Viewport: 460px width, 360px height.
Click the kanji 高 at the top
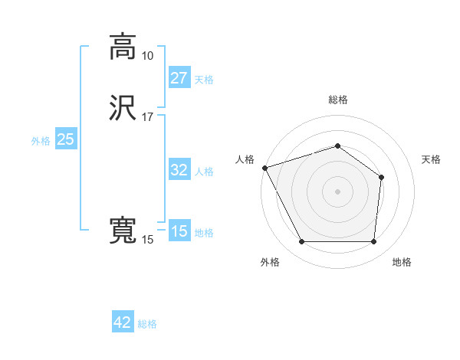pos(123,47)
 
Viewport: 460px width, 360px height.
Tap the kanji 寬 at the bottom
pos(123,231)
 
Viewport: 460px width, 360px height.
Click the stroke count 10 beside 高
pos(147,56)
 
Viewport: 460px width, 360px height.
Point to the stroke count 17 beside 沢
pos(147,116)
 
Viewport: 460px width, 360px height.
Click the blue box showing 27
pos(179,78)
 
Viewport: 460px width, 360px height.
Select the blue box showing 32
pos(179,170)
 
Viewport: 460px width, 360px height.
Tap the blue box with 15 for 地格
pos(179,231)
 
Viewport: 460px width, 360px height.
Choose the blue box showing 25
pos(65,139)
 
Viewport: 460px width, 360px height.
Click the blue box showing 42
pos(123,322)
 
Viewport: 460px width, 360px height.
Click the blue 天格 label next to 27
pos(204,80)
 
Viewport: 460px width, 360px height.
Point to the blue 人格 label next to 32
pos(204,172)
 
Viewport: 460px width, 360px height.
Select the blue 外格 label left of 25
pos(41,141)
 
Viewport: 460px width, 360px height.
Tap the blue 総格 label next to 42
pos(147,324)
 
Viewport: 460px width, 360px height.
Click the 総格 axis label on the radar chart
pos(338,100)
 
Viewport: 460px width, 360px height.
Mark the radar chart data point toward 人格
pos(264,168)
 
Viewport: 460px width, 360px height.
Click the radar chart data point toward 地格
pos(374,242)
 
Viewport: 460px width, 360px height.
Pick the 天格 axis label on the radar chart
pos(431,159)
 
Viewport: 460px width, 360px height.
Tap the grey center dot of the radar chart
pos(338,191)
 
